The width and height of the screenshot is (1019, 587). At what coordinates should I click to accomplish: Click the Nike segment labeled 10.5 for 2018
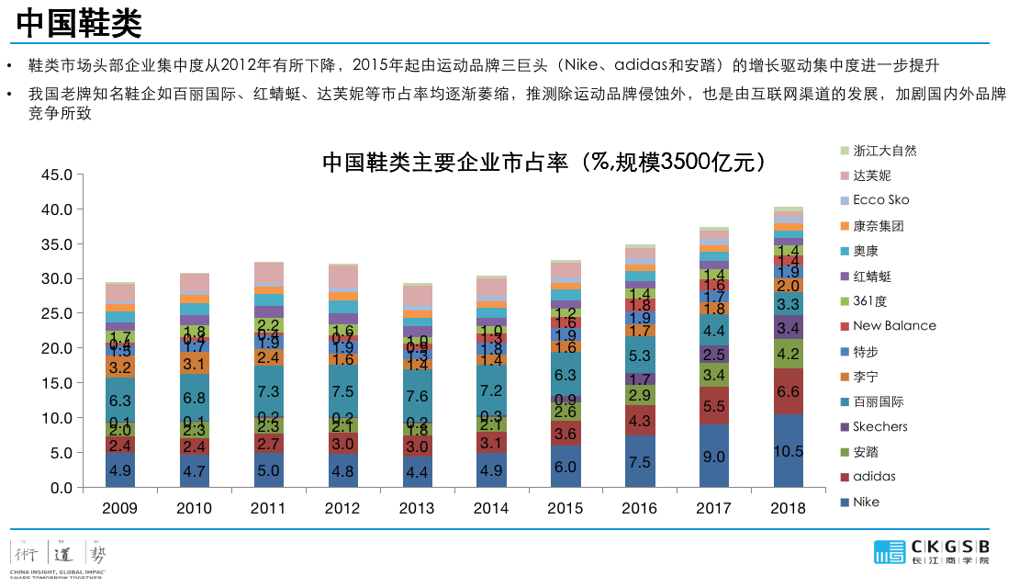click(789, 451)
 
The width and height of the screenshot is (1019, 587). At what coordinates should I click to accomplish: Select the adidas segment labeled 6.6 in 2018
click(789, 392)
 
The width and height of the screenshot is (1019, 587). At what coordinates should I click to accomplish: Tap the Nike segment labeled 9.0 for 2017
click(714, 456)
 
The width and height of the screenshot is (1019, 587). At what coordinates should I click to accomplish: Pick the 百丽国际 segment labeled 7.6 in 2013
click(417, 396)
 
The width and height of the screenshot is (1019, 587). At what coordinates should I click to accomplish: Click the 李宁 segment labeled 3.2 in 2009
click(119, 367)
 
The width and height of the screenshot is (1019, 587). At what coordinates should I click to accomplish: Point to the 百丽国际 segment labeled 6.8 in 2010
click(194, 398)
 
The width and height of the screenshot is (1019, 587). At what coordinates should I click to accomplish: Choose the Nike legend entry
click(866, 502)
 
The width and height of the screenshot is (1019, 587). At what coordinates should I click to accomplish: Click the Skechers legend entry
click(879, 426)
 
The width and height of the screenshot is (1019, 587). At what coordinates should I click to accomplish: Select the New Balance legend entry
click(894, 325)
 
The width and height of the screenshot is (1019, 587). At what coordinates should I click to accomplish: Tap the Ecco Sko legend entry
click(880, 199)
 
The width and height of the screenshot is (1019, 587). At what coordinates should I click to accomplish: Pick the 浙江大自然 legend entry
click(884, 150)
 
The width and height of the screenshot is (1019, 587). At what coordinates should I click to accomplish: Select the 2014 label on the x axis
click(491, 508)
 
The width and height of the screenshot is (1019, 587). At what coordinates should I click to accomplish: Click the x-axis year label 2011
click(268, 508)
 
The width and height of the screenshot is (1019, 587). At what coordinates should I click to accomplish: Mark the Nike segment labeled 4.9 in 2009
click(119, 469)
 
